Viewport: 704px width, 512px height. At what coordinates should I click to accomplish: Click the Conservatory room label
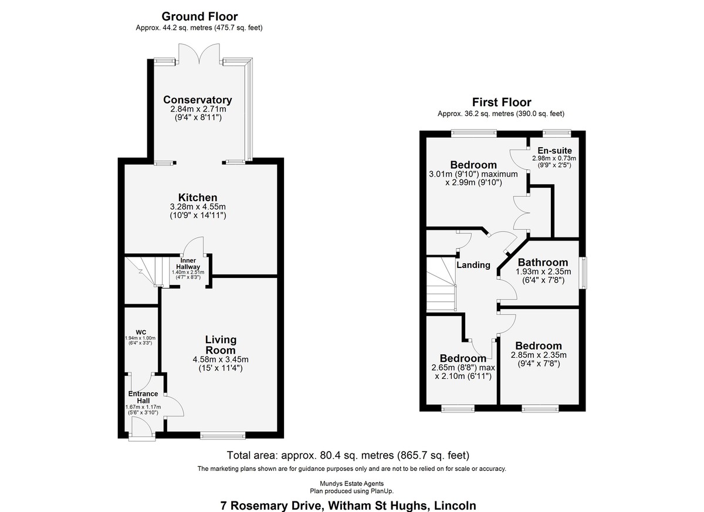(197, 100)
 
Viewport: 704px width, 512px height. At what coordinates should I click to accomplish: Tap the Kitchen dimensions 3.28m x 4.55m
(198, 206)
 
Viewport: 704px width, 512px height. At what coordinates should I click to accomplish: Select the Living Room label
(221, 345)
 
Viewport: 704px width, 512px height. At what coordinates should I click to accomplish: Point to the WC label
(141, 333)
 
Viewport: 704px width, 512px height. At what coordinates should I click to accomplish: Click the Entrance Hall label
(143, 397)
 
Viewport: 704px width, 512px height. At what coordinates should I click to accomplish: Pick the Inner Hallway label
(188, 263)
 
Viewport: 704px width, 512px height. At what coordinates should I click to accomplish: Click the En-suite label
(555, 151)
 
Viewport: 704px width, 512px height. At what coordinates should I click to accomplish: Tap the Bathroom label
(543, 262)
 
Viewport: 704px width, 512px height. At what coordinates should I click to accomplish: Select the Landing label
(473, 265)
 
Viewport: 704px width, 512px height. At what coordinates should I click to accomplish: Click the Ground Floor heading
(199, 16)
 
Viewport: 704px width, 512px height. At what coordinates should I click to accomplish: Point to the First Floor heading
(502, 102)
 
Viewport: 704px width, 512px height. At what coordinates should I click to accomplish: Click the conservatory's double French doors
(199, 53)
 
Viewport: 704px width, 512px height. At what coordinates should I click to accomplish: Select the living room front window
(223, 435)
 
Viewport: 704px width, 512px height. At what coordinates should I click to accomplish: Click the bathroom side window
(584, 273)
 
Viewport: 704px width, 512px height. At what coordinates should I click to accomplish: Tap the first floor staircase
(441, 284)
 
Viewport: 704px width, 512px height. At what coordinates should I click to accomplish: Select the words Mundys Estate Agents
(351, 484)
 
